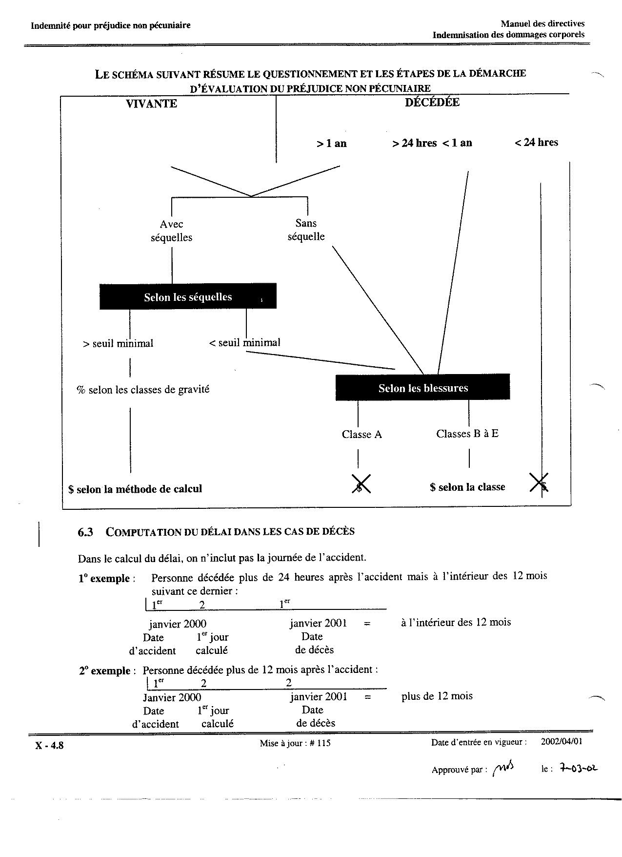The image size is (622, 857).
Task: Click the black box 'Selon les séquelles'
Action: coord(188,296)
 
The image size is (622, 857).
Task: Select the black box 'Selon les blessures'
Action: coord(422,388)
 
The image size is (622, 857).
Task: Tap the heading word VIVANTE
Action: coord(151,104)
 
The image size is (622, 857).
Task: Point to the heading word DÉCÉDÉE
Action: coord(432,103)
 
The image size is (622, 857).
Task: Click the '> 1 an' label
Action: coord(331,144)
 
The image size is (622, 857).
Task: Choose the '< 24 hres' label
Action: coord(536,143)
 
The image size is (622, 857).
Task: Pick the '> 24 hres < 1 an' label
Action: coord(432,143)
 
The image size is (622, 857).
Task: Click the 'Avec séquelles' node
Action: coord(171,231)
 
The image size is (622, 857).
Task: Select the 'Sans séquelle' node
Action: coord(306,230)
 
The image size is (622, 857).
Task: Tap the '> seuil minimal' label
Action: coord(118,343)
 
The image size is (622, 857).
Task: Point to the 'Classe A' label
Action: coord(361,434)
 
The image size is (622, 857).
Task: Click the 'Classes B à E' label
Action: coord(467,434)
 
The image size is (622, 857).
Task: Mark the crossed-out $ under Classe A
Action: coord(361,484)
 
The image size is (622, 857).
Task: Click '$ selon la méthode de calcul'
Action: coord(135,489)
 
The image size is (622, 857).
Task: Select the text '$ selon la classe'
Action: coord(467,487)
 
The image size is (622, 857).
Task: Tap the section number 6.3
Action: coord(85,532)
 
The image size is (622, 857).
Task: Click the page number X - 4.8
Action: coord(49,746)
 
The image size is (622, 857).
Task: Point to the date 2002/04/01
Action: coord(562,742)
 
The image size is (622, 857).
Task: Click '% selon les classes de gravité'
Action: coord(143,390)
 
